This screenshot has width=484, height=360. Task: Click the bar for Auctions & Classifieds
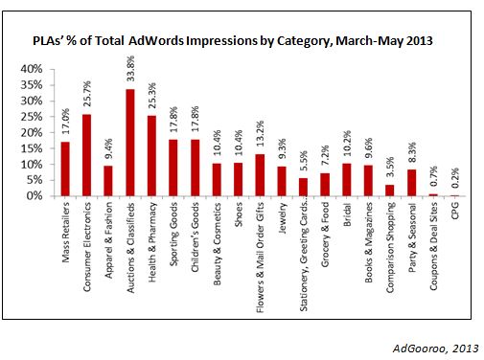click(x=129, y=143)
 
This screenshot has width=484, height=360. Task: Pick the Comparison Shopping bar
click(x=390, y=191)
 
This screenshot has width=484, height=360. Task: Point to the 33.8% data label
click(x=129, y=70)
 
